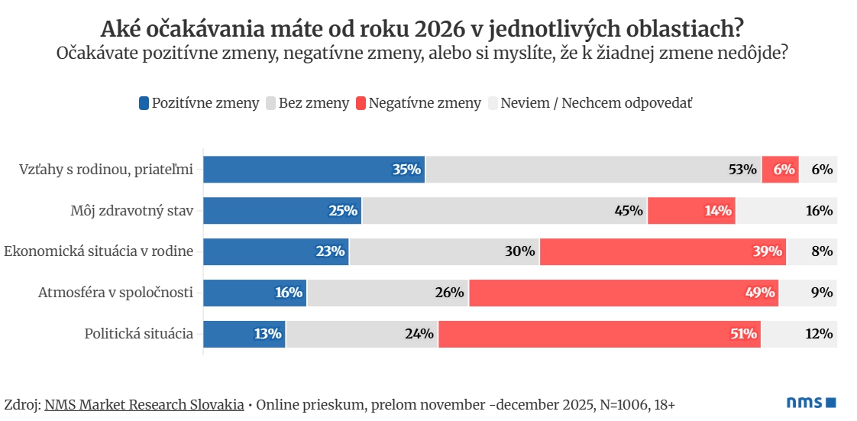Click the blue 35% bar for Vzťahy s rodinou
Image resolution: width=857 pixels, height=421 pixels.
coord(313,170)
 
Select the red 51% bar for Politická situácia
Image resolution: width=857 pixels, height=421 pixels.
coord(599,334)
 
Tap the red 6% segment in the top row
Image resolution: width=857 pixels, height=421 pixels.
coord(780,170)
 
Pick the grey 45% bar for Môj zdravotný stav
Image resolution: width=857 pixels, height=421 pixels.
coord(504,211)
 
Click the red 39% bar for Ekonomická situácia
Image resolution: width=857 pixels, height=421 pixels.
coord(662,251)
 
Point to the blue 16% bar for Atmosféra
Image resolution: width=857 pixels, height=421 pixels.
coord(254,293)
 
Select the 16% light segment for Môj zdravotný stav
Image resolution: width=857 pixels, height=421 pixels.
coord(786,211)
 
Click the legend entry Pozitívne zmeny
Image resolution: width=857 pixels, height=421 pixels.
coord(199,103)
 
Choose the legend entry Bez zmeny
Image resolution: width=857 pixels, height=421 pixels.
coord(307,103)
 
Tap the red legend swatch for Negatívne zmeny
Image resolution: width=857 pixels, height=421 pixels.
coord(361,103)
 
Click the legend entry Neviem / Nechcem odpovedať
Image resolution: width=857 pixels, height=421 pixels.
coord(589,103)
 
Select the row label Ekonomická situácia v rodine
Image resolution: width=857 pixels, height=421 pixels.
coord(99,251)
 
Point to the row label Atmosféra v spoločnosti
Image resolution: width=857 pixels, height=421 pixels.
coord(115,293)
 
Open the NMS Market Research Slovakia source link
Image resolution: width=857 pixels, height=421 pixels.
coord(144,404)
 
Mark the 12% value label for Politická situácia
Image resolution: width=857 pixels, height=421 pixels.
coord(819,334)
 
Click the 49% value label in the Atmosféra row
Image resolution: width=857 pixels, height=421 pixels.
coord(761,293)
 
